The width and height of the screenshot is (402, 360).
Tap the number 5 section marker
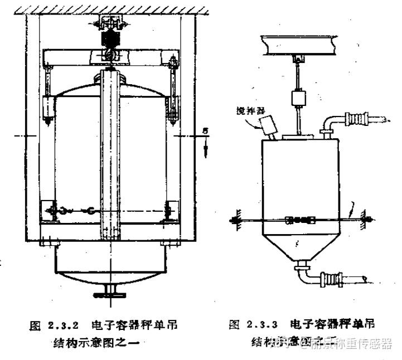(206, 133)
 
